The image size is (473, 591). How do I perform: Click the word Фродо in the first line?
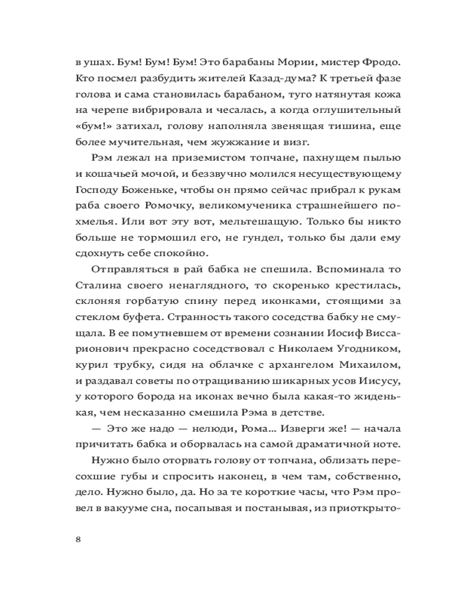tap(378, 61)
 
